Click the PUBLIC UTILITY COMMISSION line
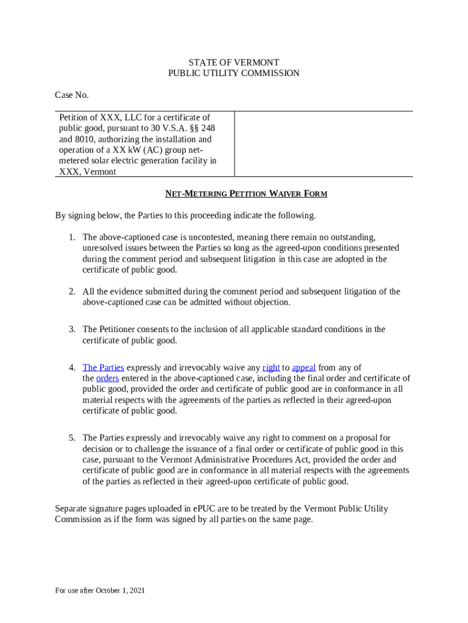[233, 73]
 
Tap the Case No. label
[72, 95]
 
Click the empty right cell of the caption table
[323, 144]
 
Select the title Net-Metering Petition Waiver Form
[246, 194]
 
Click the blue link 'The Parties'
[103, 367]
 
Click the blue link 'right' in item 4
[271, 367]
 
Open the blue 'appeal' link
[303, 367]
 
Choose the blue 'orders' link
[108, 378]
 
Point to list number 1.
[71, 237]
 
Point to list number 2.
[71, 292]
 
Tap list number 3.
[71, 330]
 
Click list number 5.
[71, 438]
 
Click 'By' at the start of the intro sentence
[60, 216]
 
